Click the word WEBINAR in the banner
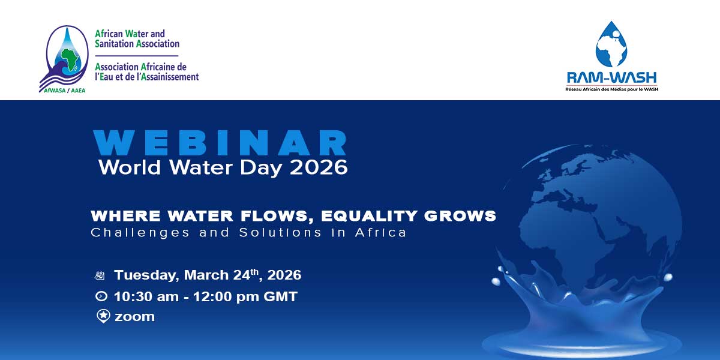[220, 143]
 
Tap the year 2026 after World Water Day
[319, 167]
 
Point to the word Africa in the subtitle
[381, 232]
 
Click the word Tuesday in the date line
[146, 275]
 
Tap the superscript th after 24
[254, 272]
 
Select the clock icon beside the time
[101, 296]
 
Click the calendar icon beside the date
[100, 276]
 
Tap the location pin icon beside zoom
[103, 316]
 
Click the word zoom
[134, 317]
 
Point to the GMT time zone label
[280, 296]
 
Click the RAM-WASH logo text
[611, 78]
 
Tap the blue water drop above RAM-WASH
[611, 44]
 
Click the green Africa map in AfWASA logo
[70, 60]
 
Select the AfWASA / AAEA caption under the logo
[65, 91]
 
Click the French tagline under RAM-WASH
[611, 89]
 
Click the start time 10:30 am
[146, 296]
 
